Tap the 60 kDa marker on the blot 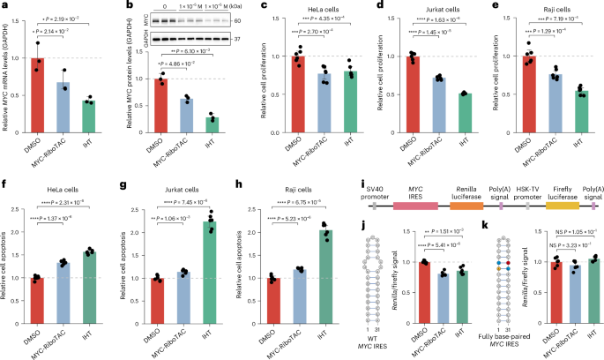(238, 19)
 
